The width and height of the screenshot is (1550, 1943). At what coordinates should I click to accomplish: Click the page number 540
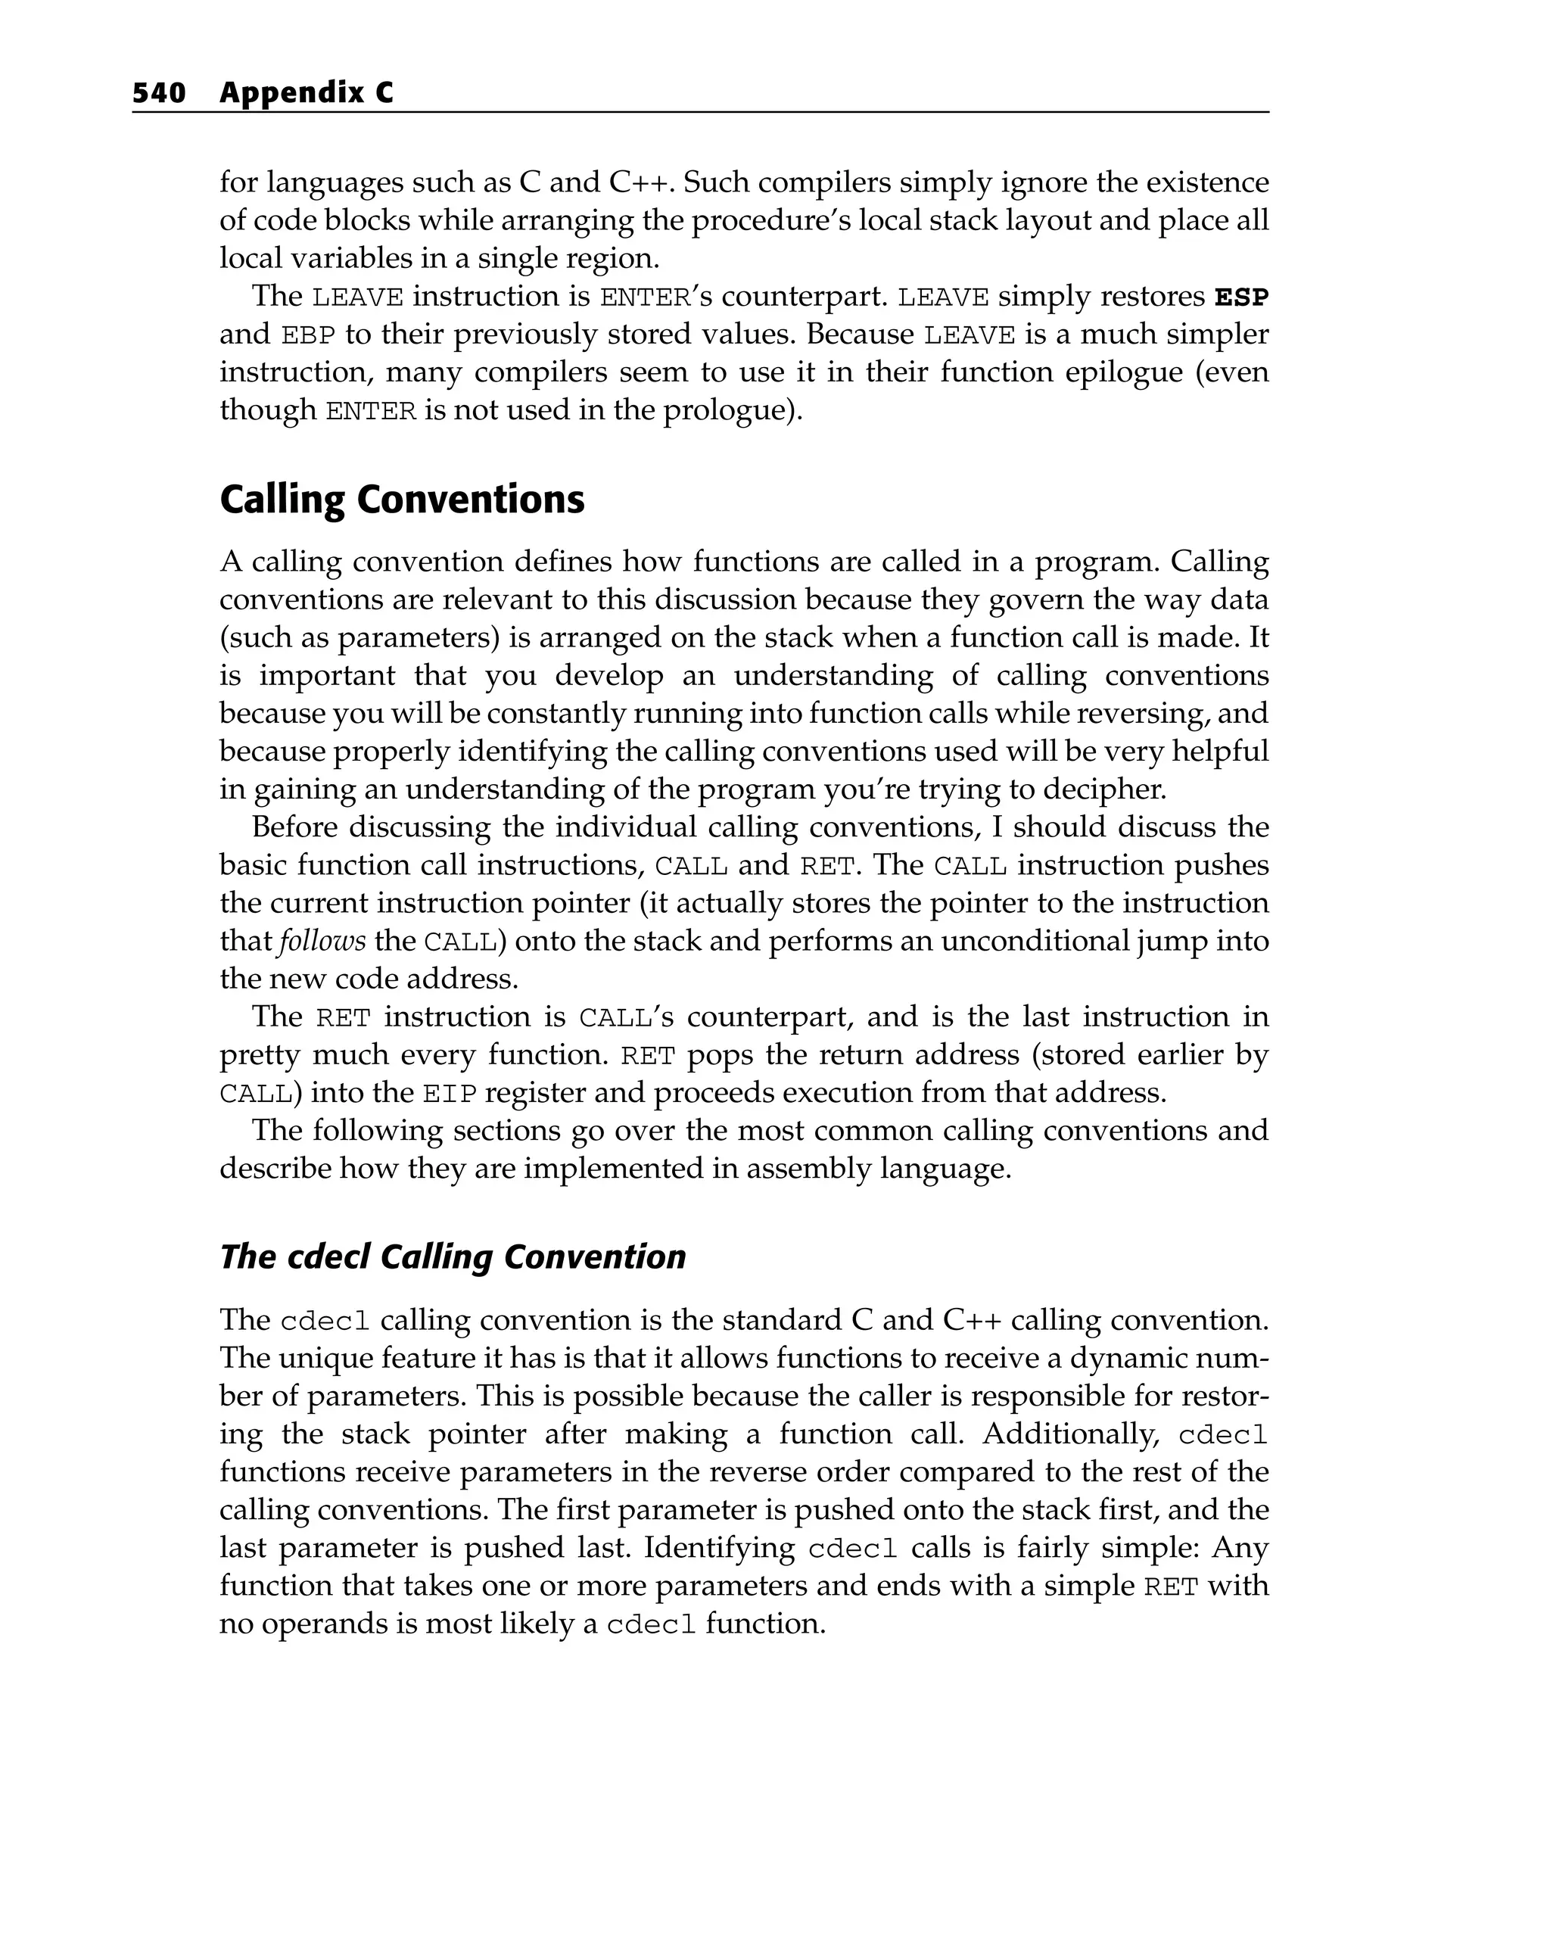coord(159,93)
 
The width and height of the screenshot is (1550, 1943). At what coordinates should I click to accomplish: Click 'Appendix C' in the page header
coord(307,93)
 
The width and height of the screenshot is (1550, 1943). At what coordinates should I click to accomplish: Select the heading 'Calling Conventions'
coord(402,500)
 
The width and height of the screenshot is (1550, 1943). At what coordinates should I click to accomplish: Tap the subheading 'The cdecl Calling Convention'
coord(453,1256)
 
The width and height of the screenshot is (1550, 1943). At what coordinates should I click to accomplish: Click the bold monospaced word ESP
coord(1241,297)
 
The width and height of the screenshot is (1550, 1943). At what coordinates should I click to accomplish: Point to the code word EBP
coord(308,335)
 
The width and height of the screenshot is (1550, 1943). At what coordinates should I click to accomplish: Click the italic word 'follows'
coord(322,942)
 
